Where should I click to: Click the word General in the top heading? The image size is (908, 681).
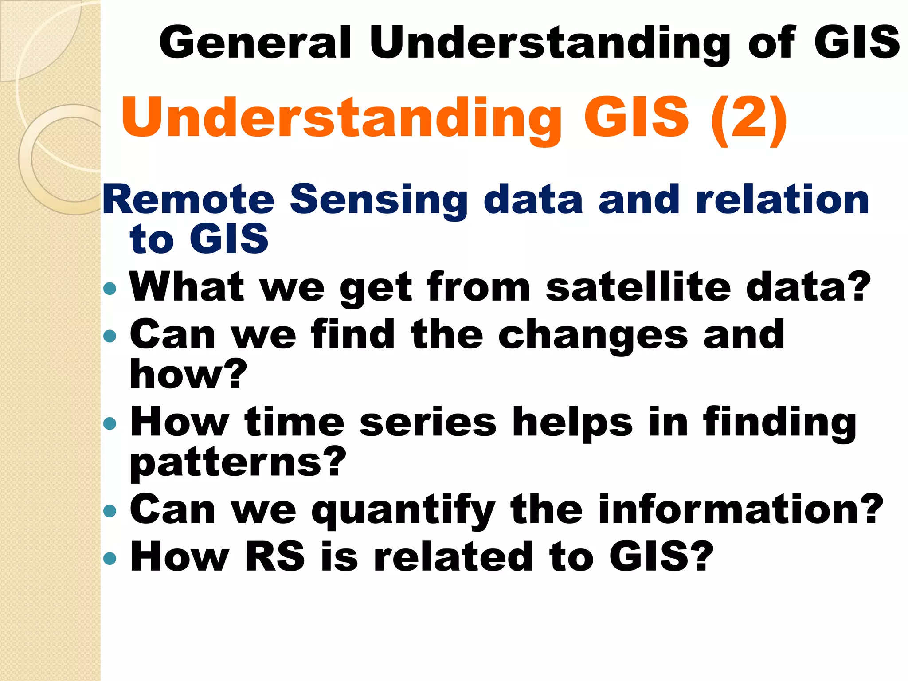[x=255, y=43]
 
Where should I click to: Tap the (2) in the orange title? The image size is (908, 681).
[x=748, y=118]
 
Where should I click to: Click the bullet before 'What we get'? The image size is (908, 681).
[x=109, y=289]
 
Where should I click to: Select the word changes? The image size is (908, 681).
[x=593, y=336]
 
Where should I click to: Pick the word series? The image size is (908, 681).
[x=428, y=422]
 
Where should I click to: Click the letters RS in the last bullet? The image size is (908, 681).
[x=275, y=557]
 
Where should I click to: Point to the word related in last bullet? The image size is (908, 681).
[x=453, y=557]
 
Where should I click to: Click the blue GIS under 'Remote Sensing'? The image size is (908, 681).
[x=229, y=239]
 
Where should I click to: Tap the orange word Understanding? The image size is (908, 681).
[x=341, y=118]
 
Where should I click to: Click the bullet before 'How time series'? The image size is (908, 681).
[x=109, y=423]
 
